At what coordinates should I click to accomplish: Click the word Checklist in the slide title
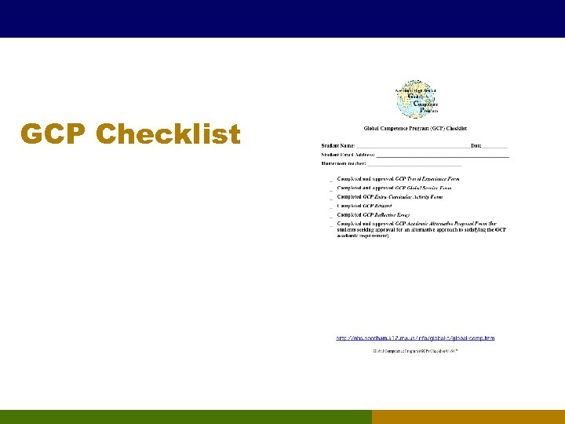168,134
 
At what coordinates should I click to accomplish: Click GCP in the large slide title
54,134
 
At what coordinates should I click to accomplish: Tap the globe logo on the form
416,97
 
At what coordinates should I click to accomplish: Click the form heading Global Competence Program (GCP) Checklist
415,128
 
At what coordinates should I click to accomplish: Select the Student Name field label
338,145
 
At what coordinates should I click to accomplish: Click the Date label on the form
476,145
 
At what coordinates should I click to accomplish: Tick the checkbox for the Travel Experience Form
330,181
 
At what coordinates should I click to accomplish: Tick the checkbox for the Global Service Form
330,189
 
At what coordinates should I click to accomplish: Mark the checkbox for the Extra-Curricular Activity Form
330,198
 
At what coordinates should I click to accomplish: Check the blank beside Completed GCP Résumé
330,207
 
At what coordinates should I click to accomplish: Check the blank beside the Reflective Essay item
330,215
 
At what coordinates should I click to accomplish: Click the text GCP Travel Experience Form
428,179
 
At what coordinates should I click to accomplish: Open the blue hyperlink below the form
415,338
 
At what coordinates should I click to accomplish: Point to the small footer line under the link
415,350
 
